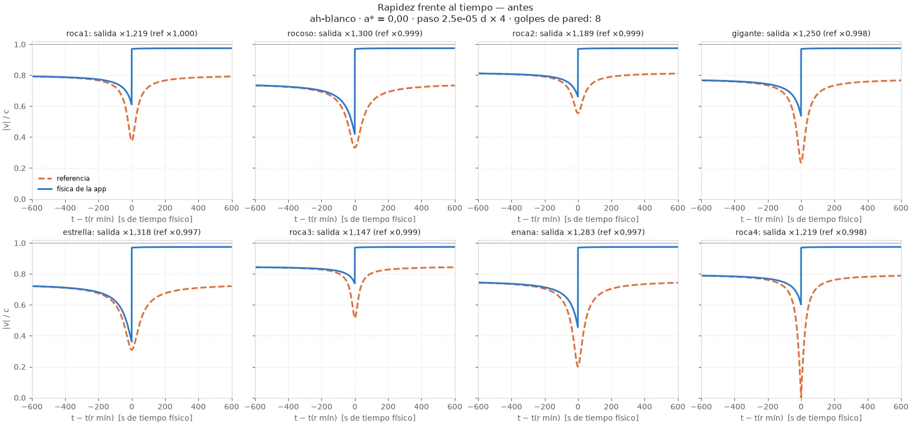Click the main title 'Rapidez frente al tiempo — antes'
(455, 7)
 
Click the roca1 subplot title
(132, 33)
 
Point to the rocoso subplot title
(354, 33)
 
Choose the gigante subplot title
(801, 33)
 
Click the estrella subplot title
(132, 232)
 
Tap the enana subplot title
(578, 232)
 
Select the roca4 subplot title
(801, 232)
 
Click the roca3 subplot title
(354, 232)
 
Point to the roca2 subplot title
(578, 33)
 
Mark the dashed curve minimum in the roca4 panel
(801, 397)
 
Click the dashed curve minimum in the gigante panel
(801, 163)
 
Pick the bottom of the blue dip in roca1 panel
(131, 104)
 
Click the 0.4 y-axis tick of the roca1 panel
(20, 137)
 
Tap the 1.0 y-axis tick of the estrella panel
(20, 243)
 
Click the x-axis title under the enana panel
(578, 418)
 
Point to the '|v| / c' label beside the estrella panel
(6, 318)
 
